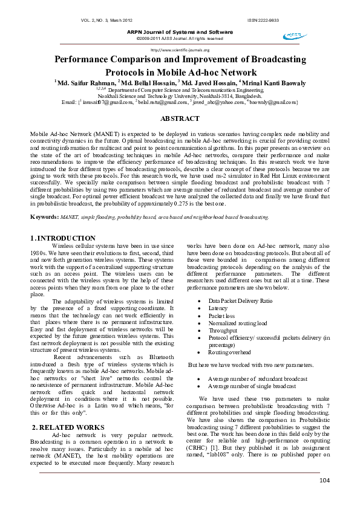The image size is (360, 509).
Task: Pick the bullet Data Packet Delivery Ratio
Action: tap(240, 300)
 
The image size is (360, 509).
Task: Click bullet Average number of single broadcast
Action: tap(252, 386)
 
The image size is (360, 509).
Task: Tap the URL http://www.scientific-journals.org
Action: tap(180, 50)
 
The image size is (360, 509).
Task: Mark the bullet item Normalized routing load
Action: tap(237, 323)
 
